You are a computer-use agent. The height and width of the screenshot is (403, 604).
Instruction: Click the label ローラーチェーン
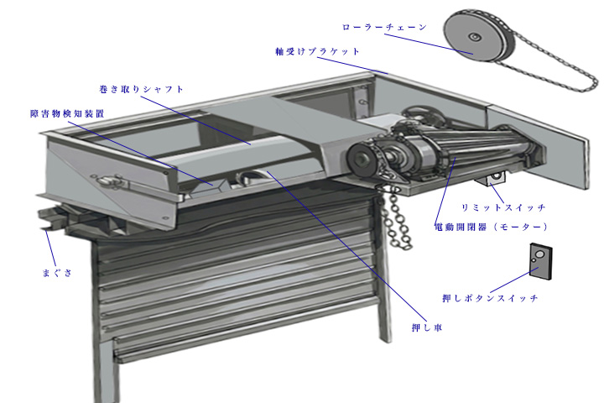(x=384, y=27)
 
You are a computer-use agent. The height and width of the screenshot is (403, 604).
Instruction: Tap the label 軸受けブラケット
(x=317, y=51)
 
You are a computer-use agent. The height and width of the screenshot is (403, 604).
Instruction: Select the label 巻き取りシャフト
(x=141, y=90)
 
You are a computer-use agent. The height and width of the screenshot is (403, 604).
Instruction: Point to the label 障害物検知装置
(x=67, y=114)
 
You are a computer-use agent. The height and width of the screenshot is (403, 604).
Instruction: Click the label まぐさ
(x=57, y=273)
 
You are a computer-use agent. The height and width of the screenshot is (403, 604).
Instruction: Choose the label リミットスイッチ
(x=503, y=207)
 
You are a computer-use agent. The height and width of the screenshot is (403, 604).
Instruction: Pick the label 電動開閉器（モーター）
(x=491, y=227)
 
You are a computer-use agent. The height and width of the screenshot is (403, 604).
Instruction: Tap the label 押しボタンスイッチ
(x=490, y=298)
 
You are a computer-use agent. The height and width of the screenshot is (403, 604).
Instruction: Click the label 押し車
(x=427, y=327)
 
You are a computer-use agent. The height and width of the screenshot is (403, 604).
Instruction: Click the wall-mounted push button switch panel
(x=540, y=261)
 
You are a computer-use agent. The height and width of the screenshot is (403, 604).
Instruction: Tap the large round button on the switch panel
(x=540, y=254)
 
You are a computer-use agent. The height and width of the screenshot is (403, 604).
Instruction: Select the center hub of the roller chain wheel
(x=474, y=37)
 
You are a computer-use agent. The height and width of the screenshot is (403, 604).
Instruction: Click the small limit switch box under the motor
(x=491, y=178)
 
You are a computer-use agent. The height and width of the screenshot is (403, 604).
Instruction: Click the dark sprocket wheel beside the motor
(x=362, y=159)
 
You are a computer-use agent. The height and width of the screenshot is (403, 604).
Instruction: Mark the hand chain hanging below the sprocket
(x=395, y=216)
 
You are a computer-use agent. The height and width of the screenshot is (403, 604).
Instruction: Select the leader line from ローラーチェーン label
(x=429, y=44)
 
